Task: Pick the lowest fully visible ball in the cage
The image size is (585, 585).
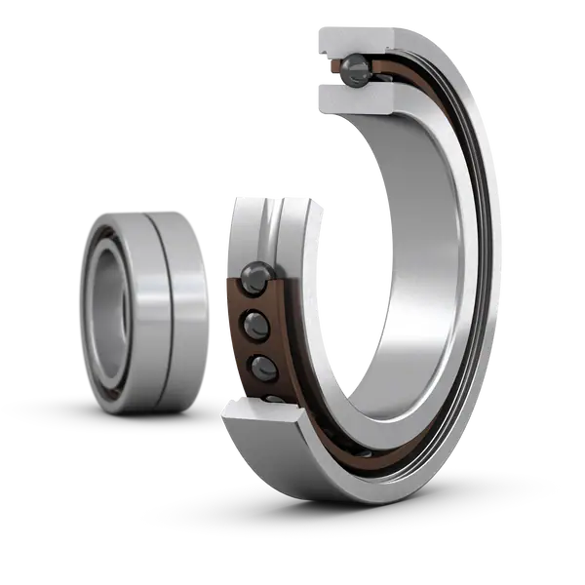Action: [263, 367]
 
